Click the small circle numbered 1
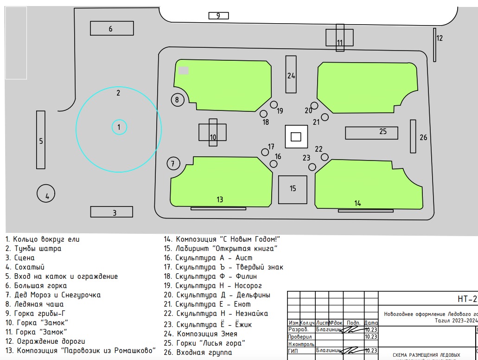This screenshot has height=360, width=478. coord(119,127)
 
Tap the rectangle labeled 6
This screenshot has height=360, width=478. coord(112,28)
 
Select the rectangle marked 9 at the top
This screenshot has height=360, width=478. coord(218,16)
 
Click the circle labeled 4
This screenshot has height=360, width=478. coord(46,194)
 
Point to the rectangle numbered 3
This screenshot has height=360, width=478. coord(111,212)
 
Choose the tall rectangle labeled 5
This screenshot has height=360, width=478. coord(41,140)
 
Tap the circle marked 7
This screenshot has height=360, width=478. coord(173,163)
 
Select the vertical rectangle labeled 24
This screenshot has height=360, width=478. coord(291,74)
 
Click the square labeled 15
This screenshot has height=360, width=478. coord(293,189)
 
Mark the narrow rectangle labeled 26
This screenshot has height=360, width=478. coord(413,136)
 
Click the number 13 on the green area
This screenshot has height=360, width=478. coord(220,199)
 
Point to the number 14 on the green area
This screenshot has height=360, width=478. coord(357,203)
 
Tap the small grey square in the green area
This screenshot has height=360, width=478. coord(184,71)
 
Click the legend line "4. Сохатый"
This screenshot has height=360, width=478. coord(25,267)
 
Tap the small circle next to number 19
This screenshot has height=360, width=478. coord(274,105)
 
